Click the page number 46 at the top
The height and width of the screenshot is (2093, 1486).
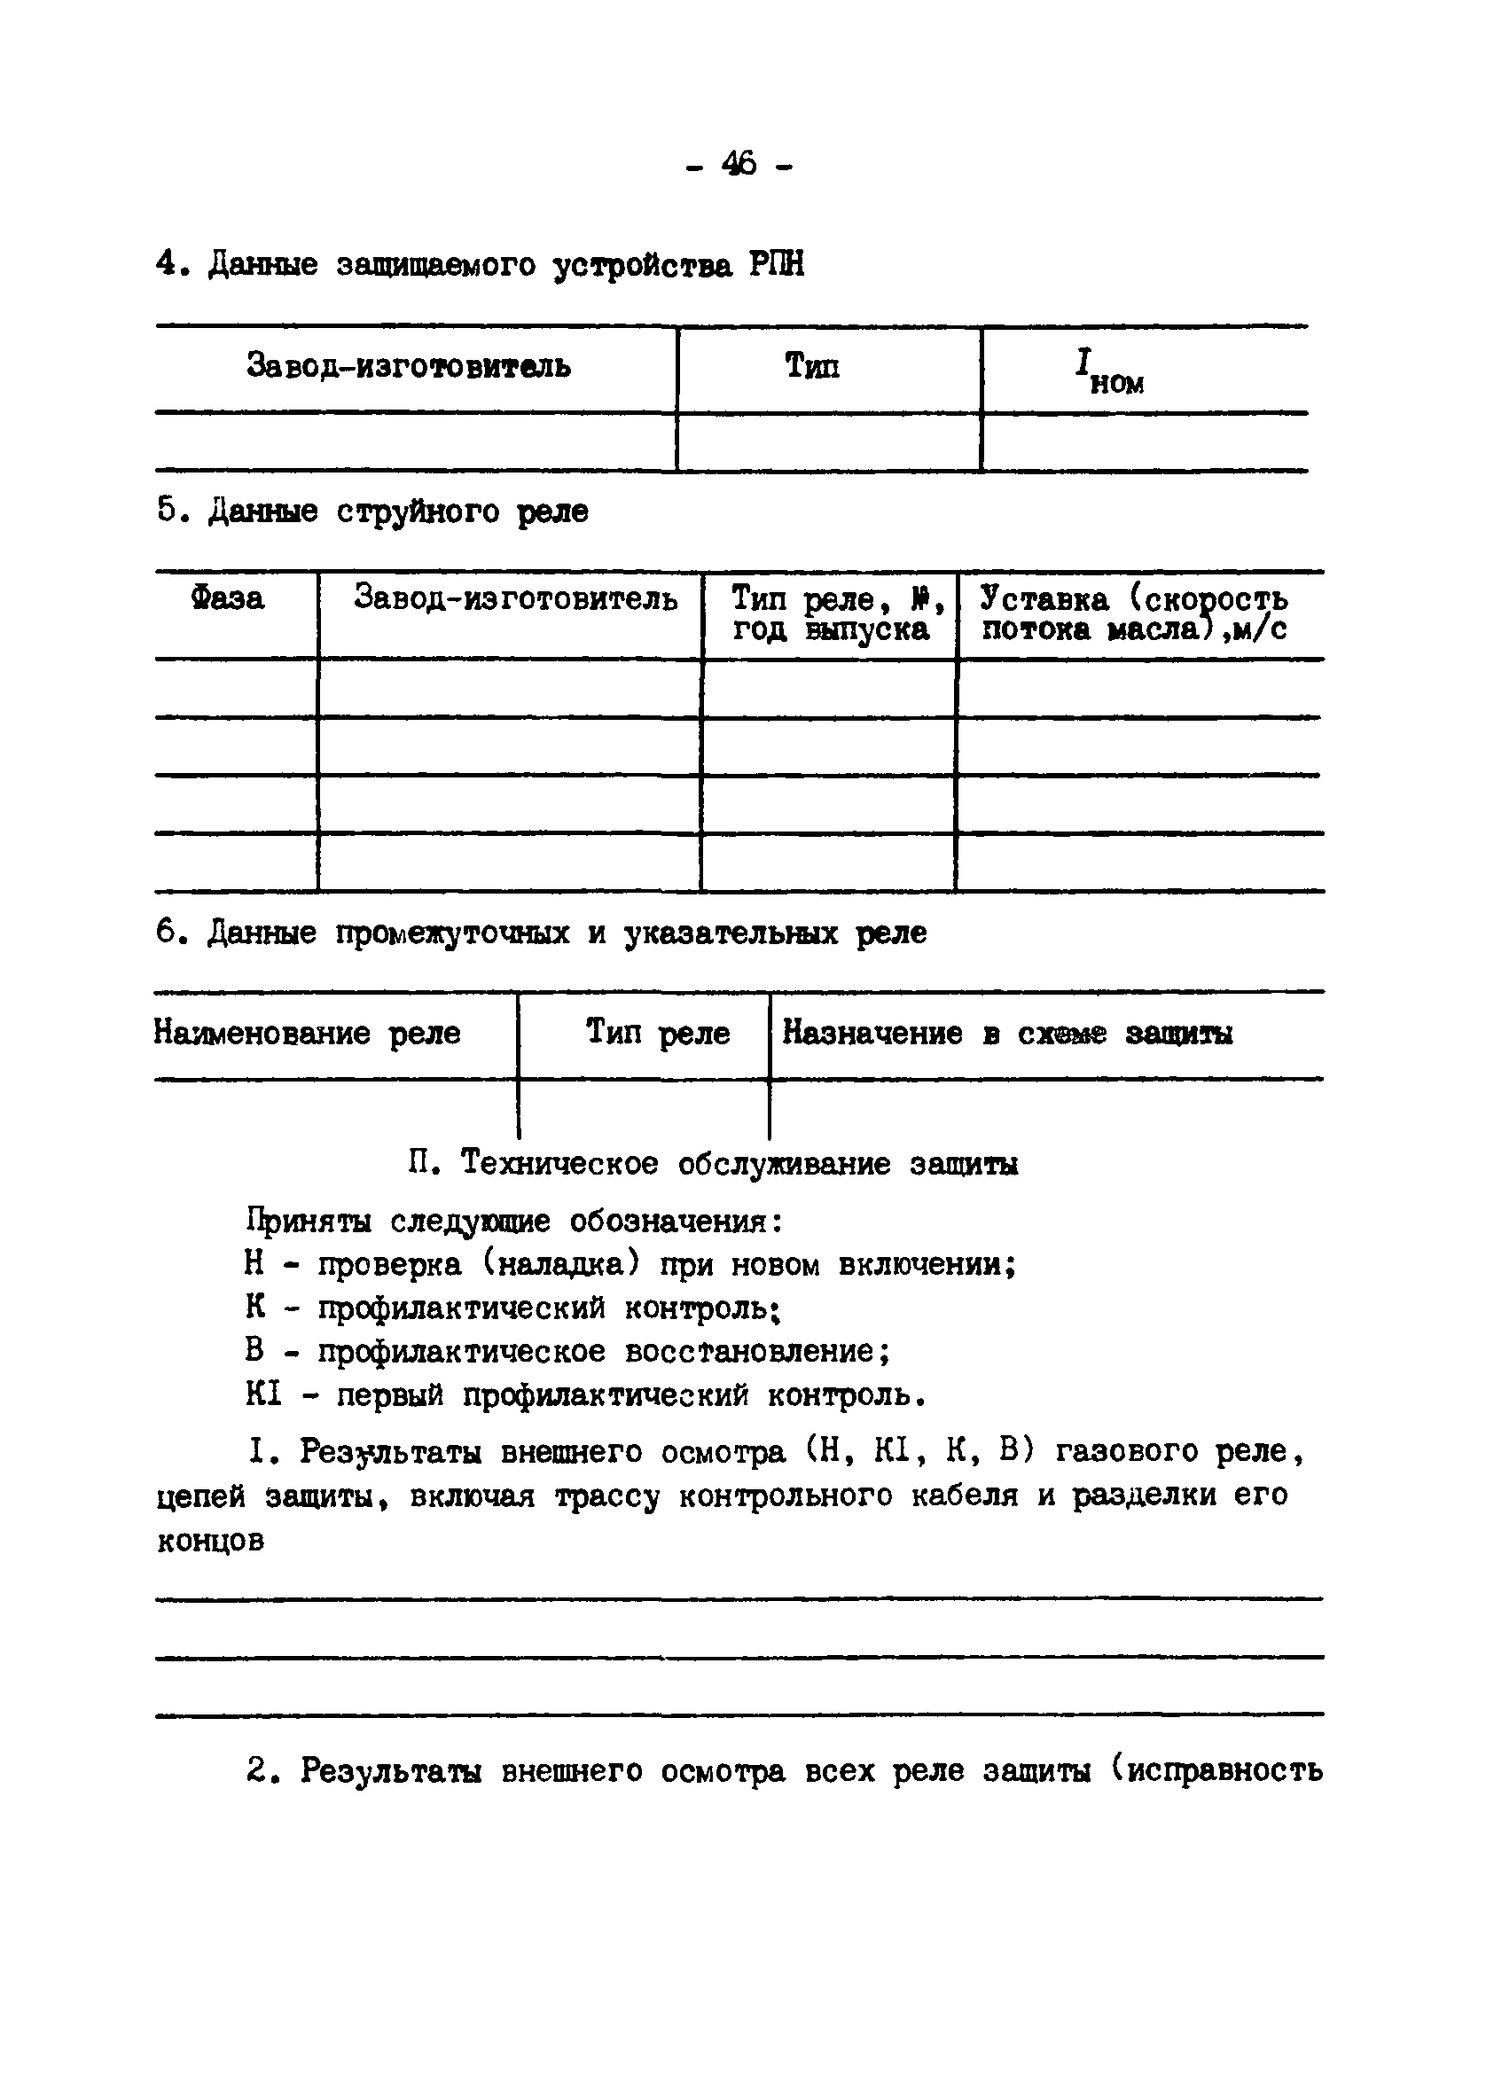(739, 165)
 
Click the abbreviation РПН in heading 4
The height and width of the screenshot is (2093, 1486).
(777, 265)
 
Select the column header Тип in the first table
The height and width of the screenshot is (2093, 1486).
(811, 366)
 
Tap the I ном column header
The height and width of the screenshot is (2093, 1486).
(1108, 371)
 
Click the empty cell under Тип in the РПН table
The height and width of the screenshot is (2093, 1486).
(828, 442)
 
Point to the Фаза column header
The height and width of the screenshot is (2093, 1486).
(228, 598)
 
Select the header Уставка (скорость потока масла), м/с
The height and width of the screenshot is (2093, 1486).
(1135, 613)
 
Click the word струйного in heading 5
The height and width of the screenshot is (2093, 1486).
(418, 512)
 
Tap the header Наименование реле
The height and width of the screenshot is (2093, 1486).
(308, 1034)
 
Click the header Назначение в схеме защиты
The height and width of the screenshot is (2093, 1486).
(1007, 1034)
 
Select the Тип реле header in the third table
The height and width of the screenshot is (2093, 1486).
(657, 1033)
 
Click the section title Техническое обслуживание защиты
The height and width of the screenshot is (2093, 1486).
(739, 1164)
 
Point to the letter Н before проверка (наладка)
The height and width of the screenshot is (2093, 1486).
(254, 1265)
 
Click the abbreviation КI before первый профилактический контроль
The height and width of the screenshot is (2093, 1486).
(263, 1397)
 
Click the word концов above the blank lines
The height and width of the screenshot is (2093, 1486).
(210, 1542)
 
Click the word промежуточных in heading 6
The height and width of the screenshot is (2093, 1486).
(453, 933)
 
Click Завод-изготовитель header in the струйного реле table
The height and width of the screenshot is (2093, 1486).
(515, 598)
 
